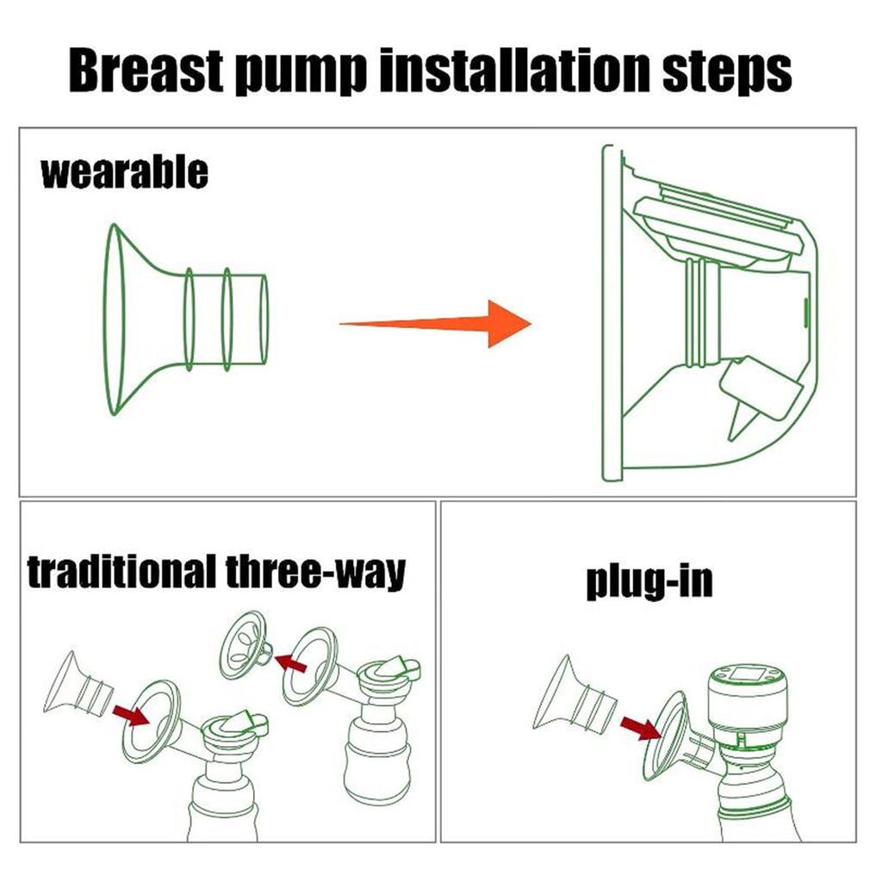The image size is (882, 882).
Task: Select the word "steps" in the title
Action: tap(727, 71)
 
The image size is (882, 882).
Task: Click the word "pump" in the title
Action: tap(301, 73)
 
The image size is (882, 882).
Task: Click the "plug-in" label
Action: tap(649, 582)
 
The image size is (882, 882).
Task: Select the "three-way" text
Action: tap(315, 573)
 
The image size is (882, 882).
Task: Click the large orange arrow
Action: tap(435, 324)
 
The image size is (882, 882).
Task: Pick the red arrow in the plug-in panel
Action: tap(640, 728)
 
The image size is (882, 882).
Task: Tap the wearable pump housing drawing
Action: tap(710, 313)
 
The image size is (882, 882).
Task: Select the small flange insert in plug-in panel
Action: tap(575, 695)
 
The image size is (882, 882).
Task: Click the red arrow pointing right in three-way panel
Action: tap(131, 715)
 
